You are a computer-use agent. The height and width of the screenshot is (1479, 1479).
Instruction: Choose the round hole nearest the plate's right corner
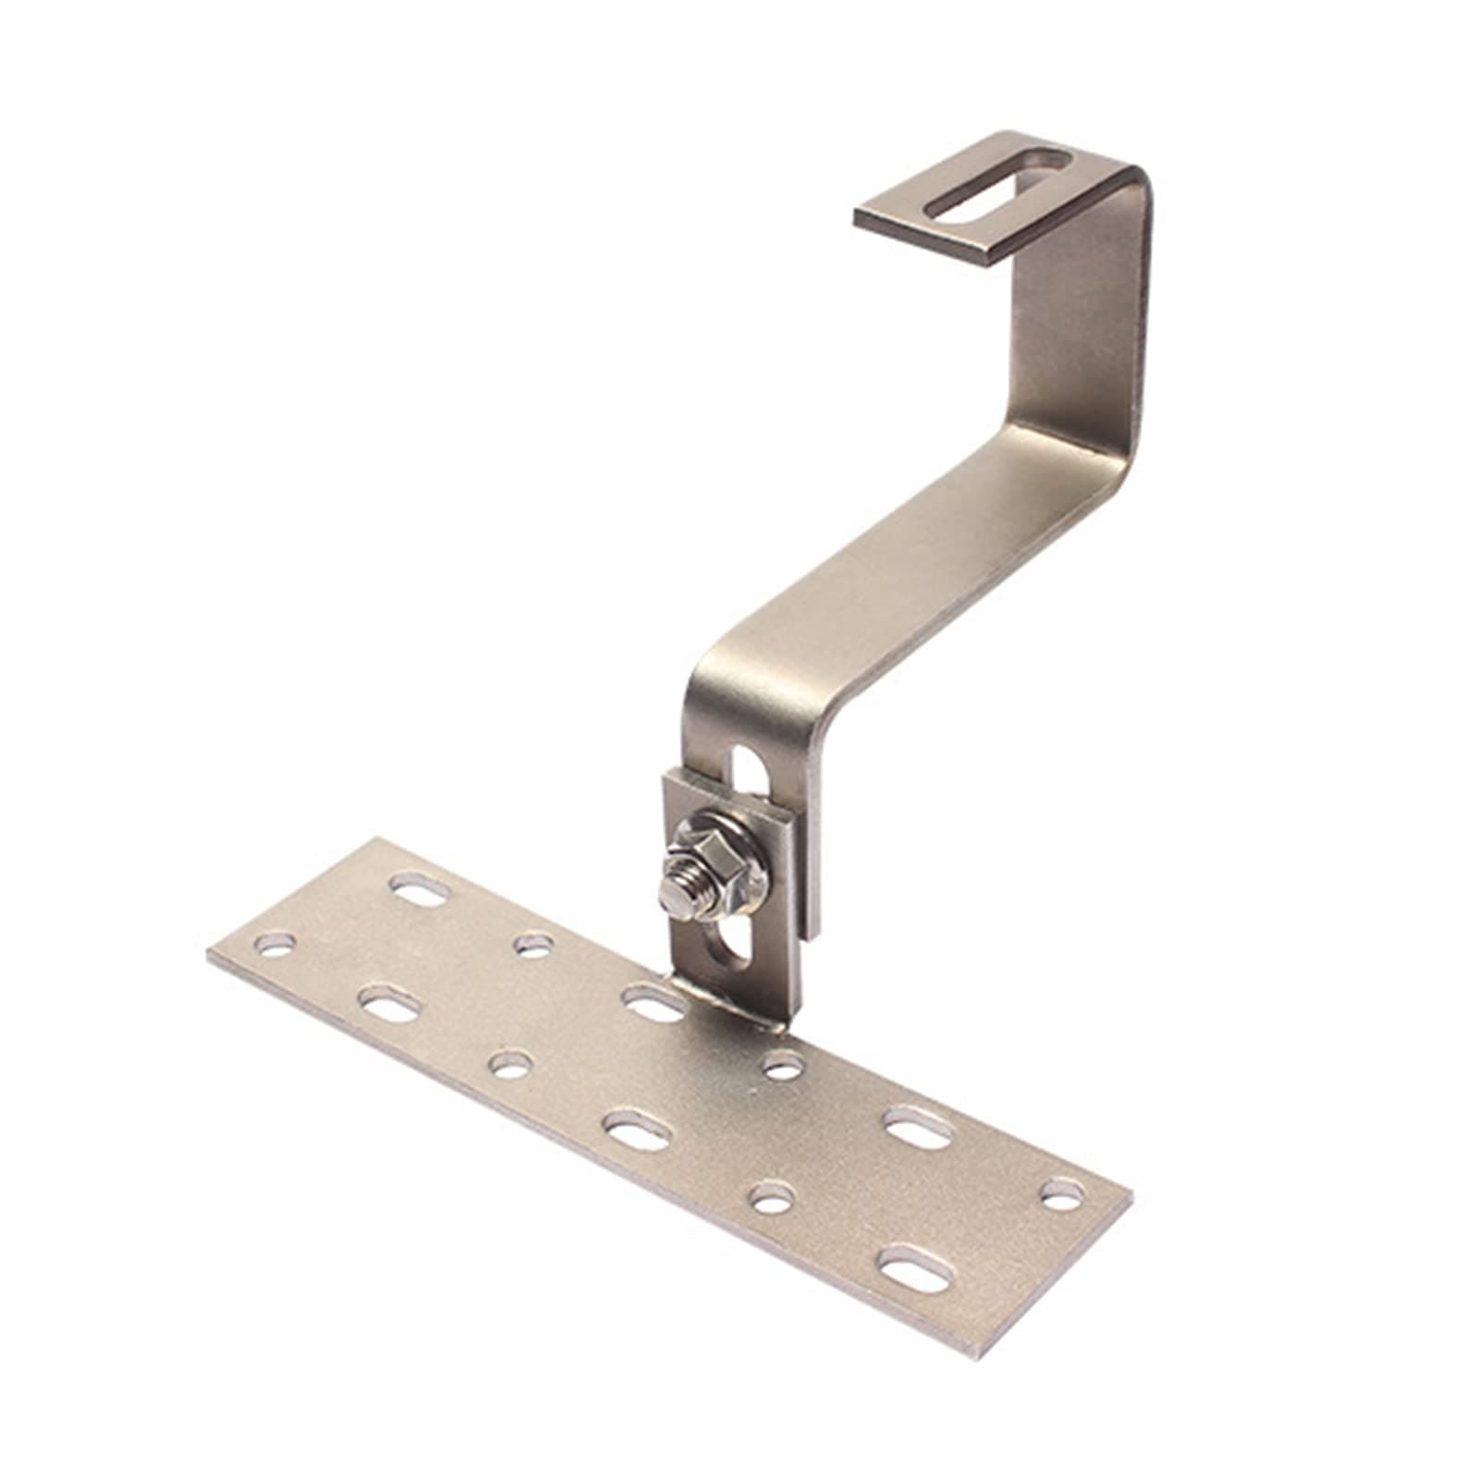(x=1063, y=1193)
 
